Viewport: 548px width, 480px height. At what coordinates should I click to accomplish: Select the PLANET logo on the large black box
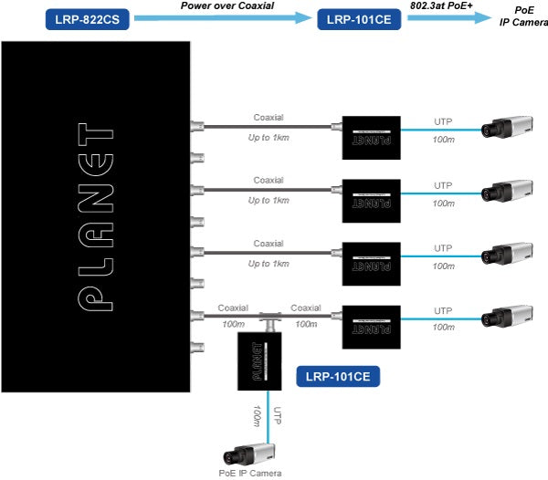[96, 215]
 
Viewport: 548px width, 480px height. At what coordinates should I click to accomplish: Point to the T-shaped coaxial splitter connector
[269, 318]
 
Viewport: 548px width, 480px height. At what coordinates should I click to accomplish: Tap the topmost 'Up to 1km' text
[269, 138]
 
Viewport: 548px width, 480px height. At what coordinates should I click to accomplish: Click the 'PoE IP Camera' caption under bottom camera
[250, 473]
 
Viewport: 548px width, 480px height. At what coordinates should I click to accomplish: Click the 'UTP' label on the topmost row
[443, 119]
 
